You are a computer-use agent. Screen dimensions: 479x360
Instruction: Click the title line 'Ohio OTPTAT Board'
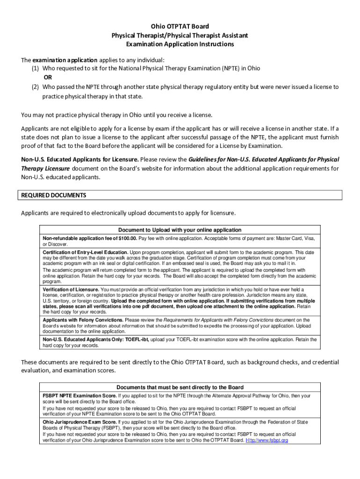coord(180,26)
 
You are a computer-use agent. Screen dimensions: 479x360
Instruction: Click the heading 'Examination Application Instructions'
coord(180,44)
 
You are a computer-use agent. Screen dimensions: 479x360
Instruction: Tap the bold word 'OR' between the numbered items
coord(48,77)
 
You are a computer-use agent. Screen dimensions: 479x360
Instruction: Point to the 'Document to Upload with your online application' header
coord(180,230)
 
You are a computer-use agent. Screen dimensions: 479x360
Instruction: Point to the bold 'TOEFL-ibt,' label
coord(135,339)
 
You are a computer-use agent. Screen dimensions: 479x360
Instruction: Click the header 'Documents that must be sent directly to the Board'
coord(180,387)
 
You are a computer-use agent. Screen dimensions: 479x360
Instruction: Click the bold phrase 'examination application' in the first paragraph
coord(65,60)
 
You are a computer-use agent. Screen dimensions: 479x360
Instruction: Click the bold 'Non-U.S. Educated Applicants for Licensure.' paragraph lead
coord(79,159)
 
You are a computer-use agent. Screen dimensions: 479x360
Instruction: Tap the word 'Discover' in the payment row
coord(58,244)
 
